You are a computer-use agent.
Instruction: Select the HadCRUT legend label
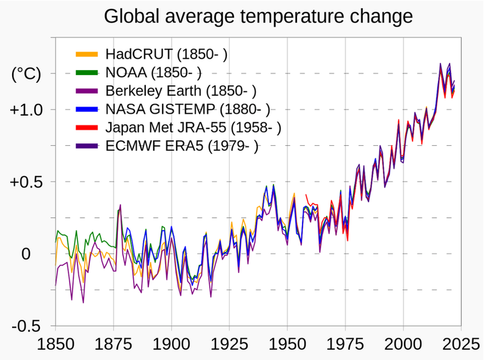[x=166, y=54]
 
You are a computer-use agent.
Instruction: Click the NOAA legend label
[x=153, y=73]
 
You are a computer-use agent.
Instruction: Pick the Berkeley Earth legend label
[x=181, y=91]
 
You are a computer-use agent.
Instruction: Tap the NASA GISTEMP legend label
[x=187, y=110]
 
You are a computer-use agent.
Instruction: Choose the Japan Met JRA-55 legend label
[x=193, y=128]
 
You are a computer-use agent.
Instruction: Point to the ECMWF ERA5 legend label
[x=181, y=146]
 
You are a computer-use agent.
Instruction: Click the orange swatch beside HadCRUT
[x=87, y=54]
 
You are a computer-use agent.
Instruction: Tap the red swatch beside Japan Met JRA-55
[x=87, y=128]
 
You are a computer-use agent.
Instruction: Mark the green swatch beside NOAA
[x=87, y=73]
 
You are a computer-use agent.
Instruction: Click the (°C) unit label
[x=26, y=74]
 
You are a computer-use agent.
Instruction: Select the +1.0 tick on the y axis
[x=25, y=110]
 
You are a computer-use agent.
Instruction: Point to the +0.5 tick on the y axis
[x=25, y=182]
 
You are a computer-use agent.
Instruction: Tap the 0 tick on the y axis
[x=25, y=254]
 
